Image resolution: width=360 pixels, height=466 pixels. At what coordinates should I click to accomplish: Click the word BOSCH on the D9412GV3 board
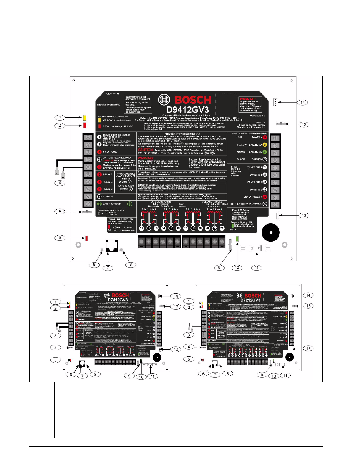point(193,100)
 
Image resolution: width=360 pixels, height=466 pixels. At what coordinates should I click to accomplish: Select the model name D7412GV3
point(118,300)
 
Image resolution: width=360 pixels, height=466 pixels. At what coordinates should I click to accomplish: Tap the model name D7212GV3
point(250,300)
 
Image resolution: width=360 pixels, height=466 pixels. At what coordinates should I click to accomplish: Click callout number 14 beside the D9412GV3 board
point(302,103)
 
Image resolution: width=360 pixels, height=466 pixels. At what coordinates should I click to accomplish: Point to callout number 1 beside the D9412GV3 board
point(60,117)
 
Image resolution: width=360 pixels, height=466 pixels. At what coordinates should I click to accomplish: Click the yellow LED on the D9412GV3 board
point(84,118)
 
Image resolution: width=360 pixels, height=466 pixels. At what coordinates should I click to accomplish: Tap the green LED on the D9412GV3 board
point(237,239)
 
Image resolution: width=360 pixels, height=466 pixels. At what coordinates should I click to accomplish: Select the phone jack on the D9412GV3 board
point(111,245)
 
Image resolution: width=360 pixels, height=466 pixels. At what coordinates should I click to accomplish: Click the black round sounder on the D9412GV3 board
point(271,232)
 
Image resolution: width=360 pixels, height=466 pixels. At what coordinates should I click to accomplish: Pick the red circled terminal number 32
point(265,137)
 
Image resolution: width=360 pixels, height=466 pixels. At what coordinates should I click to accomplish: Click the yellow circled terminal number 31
point(265,145)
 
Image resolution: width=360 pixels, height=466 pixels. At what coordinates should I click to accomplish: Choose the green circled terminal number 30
point(265,152)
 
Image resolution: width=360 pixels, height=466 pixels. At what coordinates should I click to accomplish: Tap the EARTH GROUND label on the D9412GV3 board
point(112,204)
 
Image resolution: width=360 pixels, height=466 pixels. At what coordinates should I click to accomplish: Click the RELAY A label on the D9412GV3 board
point(108,175)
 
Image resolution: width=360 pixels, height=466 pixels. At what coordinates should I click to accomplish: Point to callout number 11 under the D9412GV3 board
point(257,268)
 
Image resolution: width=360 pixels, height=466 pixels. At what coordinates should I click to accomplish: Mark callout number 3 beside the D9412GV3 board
point(60,183)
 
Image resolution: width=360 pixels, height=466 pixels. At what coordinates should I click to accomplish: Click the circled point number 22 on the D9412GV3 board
point(222,228)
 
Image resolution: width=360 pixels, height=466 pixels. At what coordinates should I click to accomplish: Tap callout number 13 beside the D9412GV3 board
point(304,124)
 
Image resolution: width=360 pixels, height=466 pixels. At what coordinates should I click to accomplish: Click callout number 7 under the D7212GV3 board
point(215,375)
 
